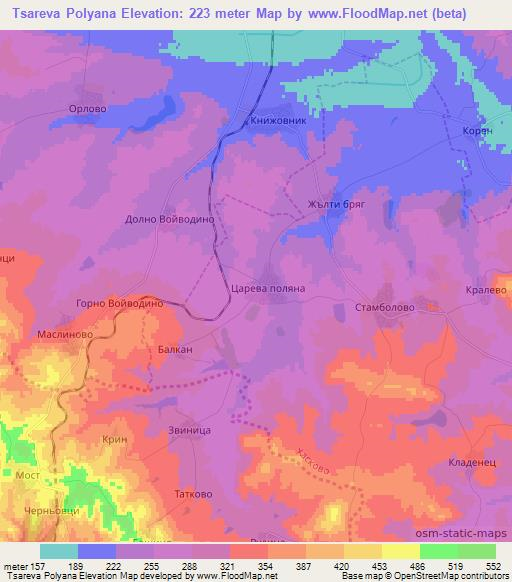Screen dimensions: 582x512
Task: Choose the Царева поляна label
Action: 275,287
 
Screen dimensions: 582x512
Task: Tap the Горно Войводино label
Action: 112,304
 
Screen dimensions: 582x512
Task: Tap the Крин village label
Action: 114,439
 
